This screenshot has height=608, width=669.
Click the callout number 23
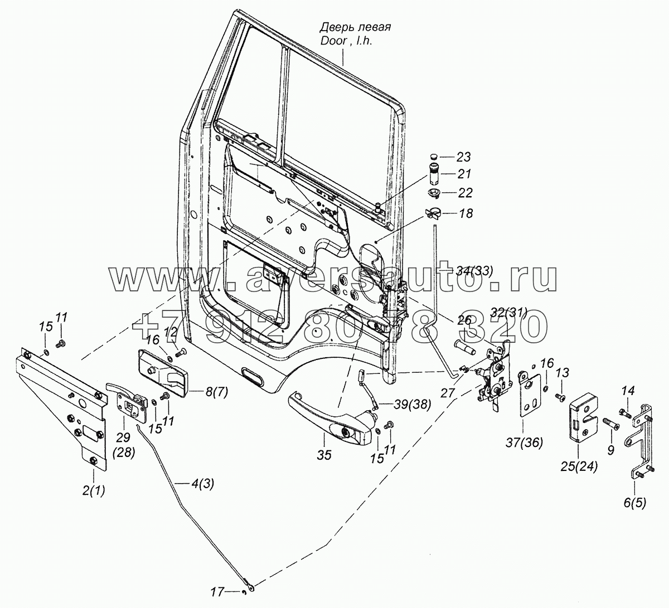pos(463,157)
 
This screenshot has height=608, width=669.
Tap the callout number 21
pos(463,174)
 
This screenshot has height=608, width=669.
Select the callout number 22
pos(464,193)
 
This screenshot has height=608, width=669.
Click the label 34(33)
pos(474,271)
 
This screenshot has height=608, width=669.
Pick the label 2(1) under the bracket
pos(94,490)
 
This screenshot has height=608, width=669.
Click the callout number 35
pos(324,455)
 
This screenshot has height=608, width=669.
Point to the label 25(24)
pos(579,467)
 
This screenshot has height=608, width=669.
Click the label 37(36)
pos(525,442)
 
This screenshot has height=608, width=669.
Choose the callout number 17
pos(218,592)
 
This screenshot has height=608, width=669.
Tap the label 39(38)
pos(413,405)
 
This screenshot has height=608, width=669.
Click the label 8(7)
pos(216,392)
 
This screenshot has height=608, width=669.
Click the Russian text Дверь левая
pos(355,27)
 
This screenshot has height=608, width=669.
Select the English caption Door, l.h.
pos(346,41)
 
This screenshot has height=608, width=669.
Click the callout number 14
pos(628,390)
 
